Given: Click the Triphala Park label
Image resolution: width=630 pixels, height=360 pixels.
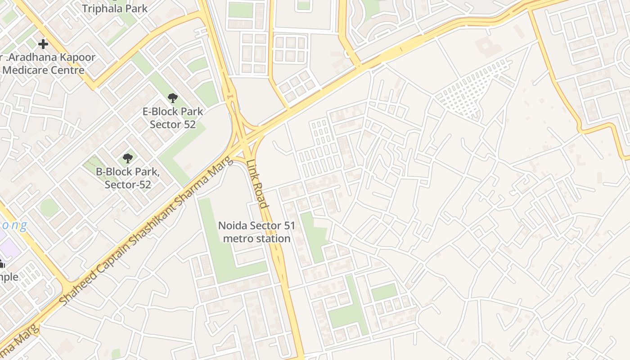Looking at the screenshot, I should click(x=114, y=8).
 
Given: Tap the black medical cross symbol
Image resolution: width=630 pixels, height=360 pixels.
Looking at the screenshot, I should click(x=43, y=44).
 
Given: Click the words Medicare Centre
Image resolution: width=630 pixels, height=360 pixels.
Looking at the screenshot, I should click(x=43, y=70).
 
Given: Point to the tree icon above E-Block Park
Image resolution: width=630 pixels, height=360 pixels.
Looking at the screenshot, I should click(x=172, y=98).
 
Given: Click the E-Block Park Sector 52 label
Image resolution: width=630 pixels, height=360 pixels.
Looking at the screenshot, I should click(x=173, y=118).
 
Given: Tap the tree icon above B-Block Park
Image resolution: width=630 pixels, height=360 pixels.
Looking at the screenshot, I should click(x=128, y=158).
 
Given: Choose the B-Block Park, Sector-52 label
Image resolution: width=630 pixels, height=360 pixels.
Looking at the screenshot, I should click(x=128, y=178).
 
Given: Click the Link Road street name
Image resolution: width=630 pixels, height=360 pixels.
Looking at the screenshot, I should click(x=257, y=184).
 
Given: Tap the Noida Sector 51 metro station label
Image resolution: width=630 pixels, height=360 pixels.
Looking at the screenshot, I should click(x=256, y=232).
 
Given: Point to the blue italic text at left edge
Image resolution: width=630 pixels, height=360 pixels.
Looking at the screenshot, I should click(x=13, y=225).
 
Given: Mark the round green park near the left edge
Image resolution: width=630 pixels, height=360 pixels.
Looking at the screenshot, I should click(x=49, y=207).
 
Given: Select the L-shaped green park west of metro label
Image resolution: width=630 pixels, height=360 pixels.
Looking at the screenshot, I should click(x=216, y=252).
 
